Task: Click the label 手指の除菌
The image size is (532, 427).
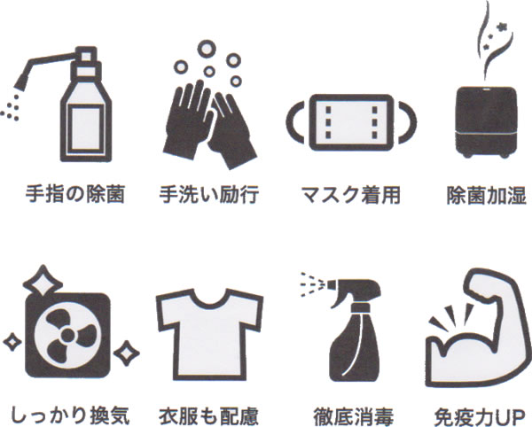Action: pos(75,194)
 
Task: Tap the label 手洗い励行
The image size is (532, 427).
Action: pos(209,194)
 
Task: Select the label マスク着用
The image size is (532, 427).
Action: pos(351,195)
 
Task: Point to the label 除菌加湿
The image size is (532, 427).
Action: pos(487,195)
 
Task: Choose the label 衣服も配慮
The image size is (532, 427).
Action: pos(209,415)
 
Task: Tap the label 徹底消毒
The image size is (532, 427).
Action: pos(353,416)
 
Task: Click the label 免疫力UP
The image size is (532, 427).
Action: pos(480,416)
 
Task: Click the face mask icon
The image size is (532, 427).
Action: pos(351,122)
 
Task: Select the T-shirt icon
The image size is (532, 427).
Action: pos(209,334)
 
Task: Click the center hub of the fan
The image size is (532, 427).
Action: pos(68,336)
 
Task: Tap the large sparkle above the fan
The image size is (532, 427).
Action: pos(43,283)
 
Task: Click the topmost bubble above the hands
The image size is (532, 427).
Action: pos(207,49)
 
